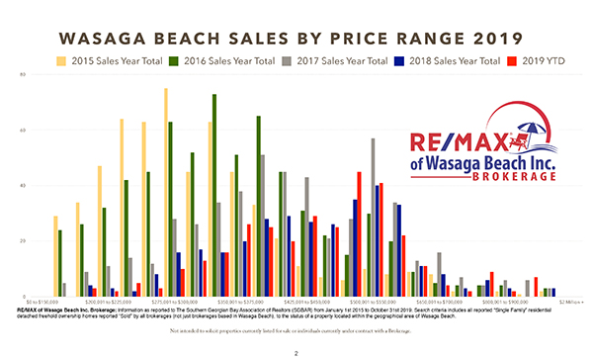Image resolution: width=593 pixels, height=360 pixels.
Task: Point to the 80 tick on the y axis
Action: (22, 74)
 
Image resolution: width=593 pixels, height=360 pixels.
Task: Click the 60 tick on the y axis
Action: (22, 130)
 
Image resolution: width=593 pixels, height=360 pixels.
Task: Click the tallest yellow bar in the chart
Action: (165, 188)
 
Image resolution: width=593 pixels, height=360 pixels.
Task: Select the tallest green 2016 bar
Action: (214, 193)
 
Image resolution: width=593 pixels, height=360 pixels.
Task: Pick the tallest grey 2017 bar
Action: (373, 218)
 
